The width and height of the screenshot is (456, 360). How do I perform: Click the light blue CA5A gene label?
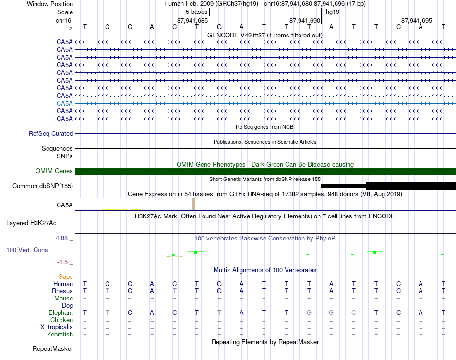pyautogui.click(x=65, y=103)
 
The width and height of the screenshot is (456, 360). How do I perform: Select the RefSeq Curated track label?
pyautogui.click(x=51, y=134)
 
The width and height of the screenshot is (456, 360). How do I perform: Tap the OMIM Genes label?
pyautogui.click(x=54, y=171)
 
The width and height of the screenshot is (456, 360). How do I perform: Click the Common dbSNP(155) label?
pyautogui.click(x=43, y=186)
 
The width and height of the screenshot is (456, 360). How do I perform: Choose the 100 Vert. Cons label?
pyautogui.click(x=27, y=250)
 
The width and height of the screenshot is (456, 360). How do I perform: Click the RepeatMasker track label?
pyautogui.click(x=53, y=349)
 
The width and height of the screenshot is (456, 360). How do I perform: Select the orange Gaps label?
pyautogui.click(x=65, y=277)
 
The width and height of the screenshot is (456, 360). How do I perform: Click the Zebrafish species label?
pyautogui.click(x=60, y=335)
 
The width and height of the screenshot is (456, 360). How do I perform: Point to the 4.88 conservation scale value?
pyautogui.click(x=64, y=238)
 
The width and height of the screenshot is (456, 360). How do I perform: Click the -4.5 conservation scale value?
pyautogui.click(x=64, y=262)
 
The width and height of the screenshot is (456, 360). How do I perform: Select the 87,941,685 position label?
pyautogui.click(x=192, y=21)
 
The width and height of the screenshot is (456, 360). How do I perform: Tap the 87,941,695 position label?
pyautogui.click(x=417, y=21)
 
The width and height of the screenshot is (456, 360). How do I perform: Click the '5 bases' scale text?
pyautogui.click(x=196, y=11)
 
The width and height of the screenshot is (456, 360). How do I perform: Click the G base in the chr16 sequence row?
pyautogui.click(x=219, y=27)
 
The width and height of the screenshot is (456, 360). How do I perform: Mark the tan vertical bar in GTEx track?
pyautogui.click(x=193, y=204)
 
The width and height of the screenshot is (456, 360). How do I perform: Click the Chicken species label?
pyautogui.click(x=62, y=320)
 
